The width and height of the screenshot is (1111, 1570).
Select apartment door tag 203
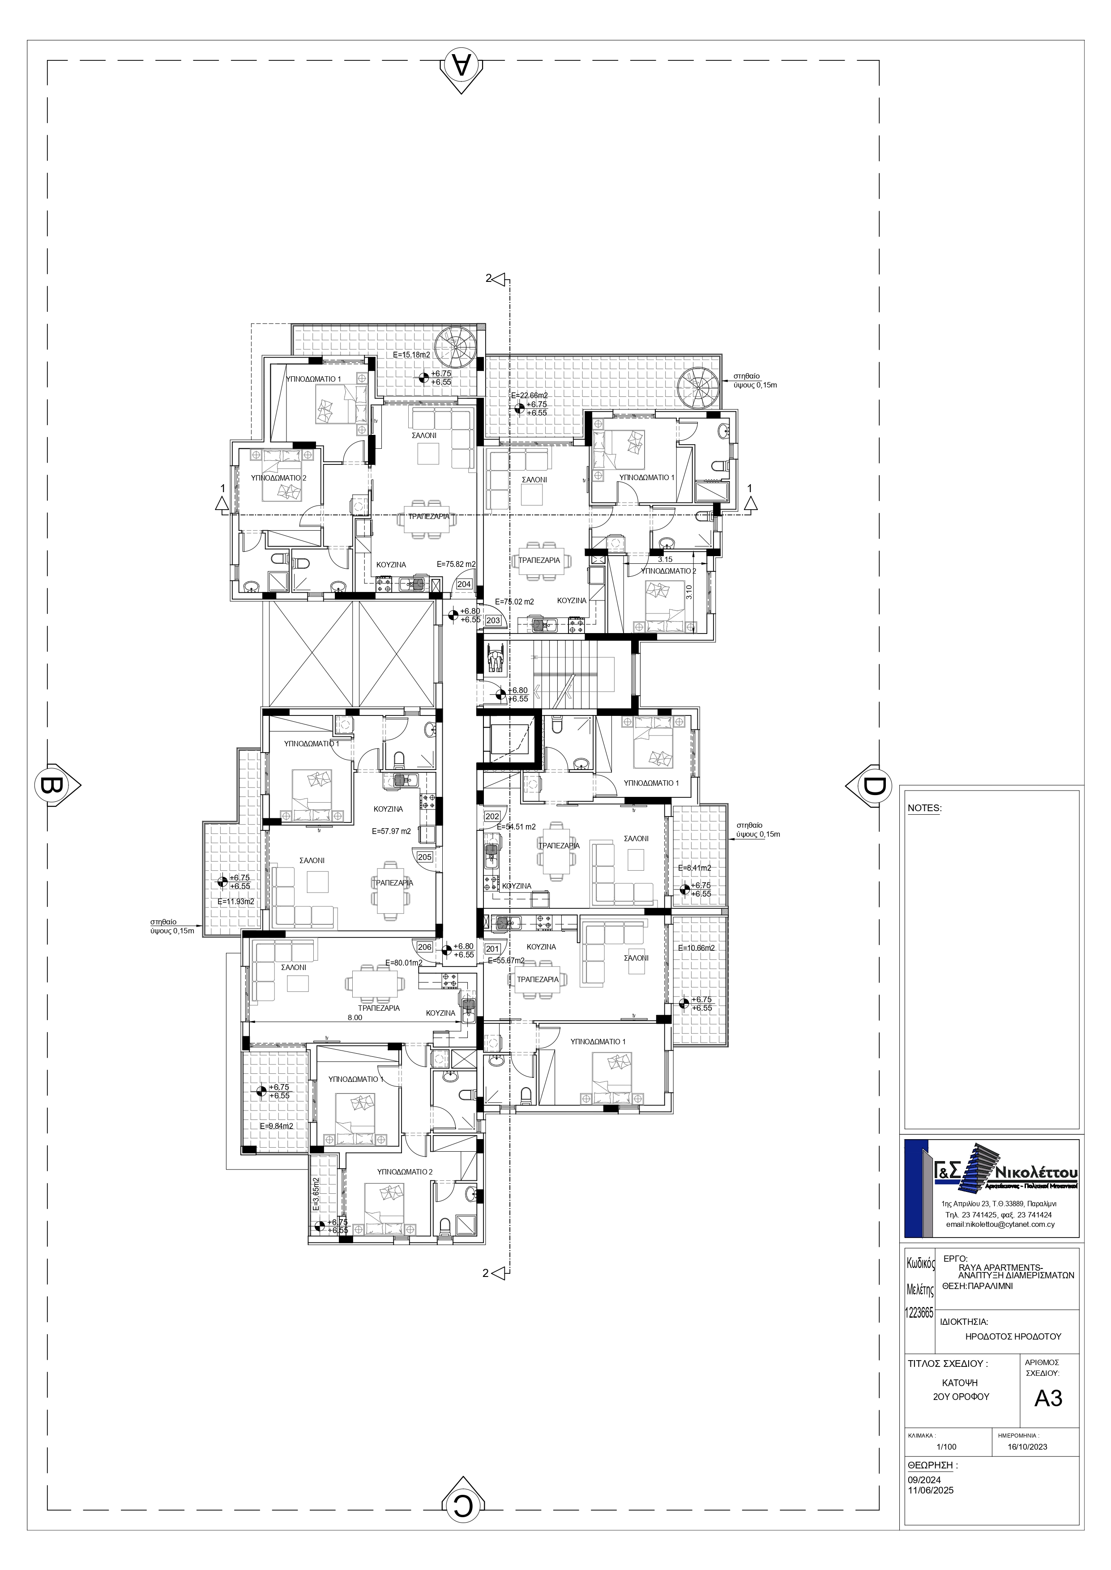pyautogui.click(x=493, y=620)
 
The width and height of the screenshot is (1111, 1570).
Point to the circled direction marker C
pyautogui.click(x=463, y=1504)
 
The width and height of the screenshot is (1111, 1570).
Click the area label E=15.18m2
pyautogui.click(x=412, y=355)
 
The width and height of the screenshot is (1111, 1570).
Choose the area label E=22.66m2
pyautogui.click(x=530, y=395)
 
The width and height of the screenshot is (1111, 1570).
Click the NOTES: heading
pyautogui.click(x=924, y=808)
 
